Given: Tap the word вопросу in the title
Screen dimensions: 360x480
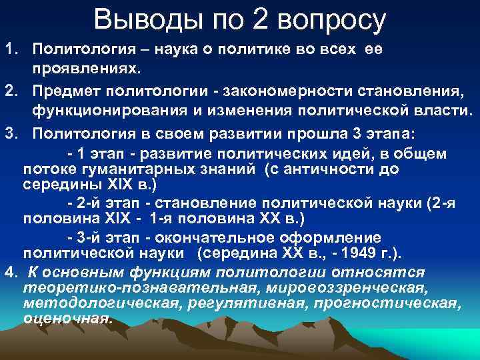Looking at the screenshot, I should pyautogui.click(x=331, y=20).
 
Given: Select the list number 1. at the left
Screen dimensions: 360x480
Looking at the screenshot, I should pyautogui.click(x=13, y=50).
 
